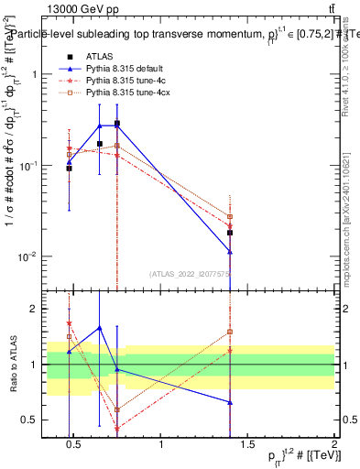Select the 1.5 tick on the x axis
[x=248, y=445]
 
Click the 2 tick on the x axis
[x=334, y=445]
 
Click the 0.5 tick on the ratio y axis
[x=29, y=420]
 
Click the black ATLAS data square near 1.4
[x=230, y=233]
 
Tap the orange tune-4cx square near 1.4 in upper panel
[x=230, y=217]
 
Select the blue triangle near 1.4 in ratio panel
[x=230, y=402]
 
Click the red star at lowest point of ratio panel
[x=117, y=429]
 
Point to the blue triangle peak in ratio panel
[x=100, y=328]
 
